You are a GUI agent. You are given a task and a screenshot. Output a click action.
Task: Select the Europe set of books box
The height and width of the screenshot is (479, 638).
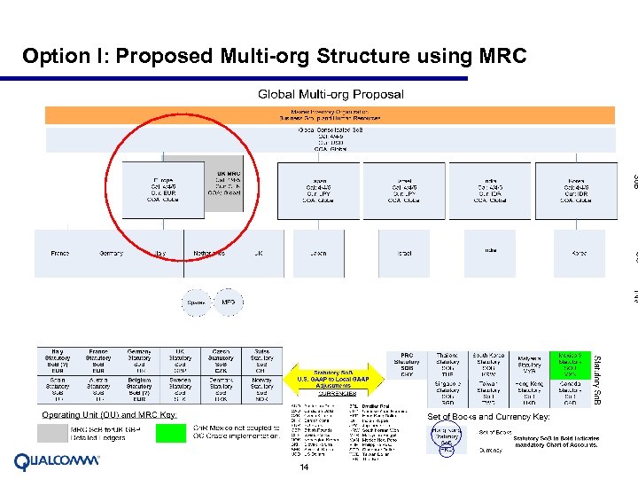pos(164,187)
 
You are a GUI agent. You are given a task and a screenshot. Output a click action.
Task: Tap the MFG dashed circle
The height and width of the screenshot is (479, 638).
pos(228,302)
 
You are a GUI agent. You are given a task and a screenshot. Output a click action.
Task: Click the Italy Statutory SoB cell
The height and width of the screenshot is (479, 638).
pos(58,363)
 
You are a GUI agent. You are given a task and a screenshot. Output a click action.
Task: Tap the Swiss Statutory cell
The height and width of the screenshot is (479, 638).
pos(261,363)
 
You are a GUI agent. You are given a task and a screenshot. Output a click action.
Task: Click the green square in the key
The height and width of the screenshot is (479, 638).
pos(170,432)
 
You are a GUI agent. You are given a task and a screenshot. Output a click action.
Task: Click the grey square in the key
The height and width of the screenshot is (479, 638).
pos(52,432)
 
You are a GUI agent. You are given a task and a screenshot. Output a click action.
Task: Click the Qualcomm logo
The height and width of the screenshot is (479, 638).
pos(58,461)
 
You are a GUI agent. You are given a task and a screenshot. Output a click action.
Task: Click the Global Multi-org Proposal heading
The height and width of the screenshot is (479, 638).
pos(331,94)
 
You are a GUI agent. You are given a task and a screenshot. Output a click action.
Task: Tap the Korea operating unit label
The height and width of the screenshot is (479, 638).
pos(578,254)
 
